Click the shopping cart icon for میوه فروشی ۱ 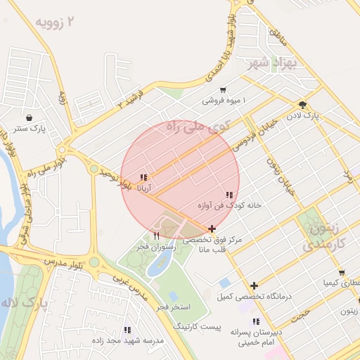(223, 89)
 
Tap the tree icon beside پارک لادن (302, 104)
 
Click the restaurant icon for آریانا (143, 177)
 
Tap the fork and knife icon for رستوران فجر (156, 236)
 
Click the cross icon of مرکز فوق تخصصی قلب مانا (212, 229)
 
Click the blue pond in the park (160, 265)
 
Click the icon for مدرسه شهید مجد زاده (127, 329)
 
